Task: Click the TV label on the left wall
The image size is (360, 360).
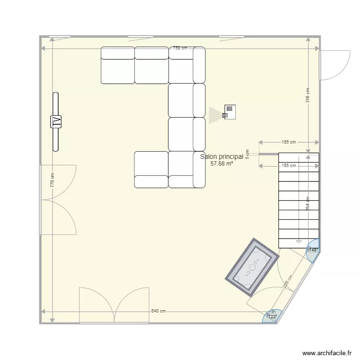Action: [x=56, y=122]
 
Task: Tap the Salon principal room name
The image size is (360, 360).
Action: [x=221, y=156]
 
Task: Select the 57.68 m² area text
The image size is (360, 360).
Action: [x=221, y=163]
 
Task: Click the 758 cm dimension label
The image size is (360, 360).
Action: [x=180, y=48]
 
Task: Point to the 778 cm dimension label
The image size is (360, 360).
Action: [x=52, y=180]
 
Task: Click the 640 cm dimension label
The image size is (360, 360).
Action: [x=158, y=311]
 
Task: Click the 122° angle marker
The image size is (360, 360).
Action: [x=272, y=316]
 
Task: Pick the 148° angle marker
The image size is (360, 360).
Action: [x=313, y=250]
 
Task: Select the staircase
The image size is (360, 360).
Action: [x=298, y=200]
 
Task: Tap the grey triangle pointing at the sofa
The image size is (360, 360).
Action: [x=214, y=115]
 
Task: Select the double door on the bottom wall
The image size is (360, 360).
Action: [x=114, y=305]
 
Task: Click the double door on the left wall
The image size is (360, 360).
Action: [x=58, y=199]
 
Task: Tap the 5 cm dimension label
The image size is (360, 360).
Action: [x=247, y=154]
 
